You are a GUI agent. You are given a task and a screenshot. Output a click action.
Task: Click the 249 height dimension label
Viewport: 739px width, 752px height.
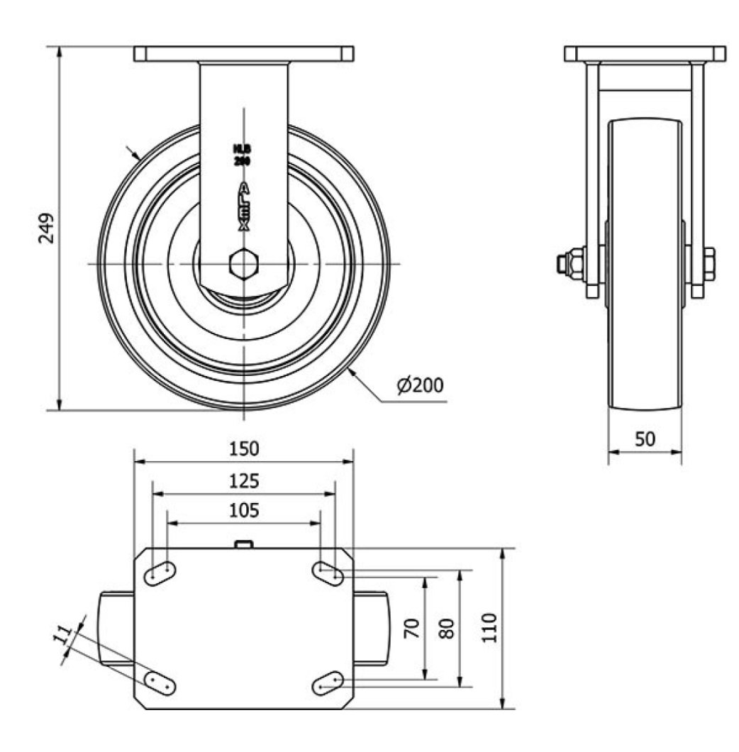(x=46, y=228)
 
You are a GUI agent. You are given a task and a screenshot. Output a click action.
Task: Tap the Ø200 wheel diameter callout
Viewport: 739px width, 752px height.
(x=421, y=385)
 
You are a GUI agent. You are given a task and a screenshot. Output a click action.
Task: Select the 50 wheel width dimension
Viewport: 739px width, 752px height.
(x=645, y=439)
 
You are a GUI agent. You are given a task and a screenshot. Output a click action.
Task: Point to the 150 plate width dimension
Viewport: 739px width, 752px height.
(x=243, y=449)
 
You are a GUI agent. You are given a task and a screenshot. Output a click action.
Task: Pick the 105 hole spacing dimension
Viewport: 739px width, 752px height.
(x=243, y=510)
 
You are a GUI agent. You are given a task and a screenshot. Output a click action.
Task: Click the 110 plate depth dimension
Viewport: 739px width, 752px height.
(x=489, y=628)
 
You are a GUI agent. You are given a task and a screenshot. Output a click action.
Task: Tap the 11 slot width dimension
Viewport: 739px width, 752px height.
(x=64, y=634)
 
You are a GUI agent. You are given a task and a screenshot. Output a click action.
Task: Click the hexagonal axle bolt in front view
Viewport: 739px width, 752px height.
(x=243, y=264)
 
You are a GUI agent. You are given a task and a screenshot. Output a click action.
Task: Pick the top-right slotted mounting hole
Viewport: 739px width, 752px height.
(x=328, y=573)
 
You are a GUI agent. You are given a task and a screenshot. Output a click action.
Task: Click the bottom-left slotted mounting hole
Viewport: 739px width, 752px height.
(x=160, y=683)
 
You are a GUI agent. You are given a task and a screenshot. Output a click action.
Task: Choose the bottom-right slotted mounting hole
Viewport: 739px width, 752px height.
(x=328, y=683)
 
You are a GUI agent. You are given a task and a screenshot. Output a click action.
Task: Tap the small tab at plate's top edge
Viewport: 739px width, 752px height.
(x=243, y=544)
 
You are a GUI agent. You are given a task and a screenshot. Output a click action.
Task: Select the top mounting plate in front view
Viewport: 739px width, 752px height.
(x=243, y=54)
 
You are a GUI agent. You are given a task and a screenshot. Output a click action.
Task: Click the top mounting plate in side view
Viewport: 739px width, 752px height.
(x=645, y=54)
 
